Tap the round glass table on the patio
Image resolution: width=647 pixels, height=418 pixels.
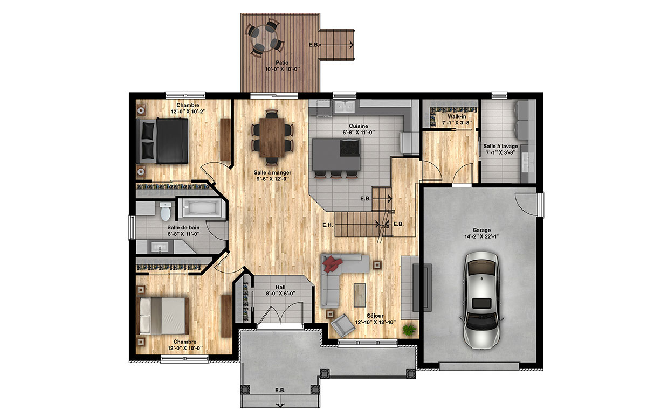point(264,38)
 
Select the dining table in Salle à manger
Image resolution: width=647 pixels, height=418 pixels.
point(272,138)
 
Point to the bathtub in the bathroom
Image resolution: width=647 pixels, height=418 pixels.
point(201,208)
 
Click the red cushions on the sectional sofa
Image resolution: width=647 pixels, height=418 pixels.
point(332,264)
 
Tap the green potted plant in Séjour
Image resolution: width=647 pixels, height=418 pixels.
point(409,330)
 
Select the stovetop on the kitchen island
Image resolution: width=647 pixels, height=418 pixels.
point(349,148)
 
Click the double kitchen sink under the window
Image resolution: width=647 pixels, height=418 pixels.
point(345,107)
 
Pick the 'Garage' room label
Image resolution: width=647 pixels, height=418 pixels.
point(481,230)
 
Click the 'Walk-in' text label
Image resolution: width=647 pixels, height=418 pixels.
point(457,116)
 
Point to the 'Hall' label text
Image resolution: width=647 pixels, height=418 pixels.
point(280,287)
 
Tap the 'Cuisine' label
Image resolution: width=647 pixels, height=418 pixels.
point(358,126)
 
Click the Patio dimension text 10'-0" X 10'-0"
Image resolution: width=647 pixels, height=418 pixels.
point(283,69)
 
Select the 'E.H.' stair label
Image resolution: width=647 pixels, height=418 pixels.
point(328,225)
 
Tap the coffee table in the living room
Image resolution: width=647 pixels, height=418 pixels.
point(360,295)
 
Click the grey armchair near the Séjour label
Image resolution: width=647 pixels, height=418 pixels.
point(343,325)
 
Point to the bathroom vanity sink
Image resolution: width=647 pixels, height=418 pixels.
point(160,247)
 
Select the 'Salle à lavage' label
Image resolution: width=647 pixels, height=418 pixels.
point(500,147)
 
